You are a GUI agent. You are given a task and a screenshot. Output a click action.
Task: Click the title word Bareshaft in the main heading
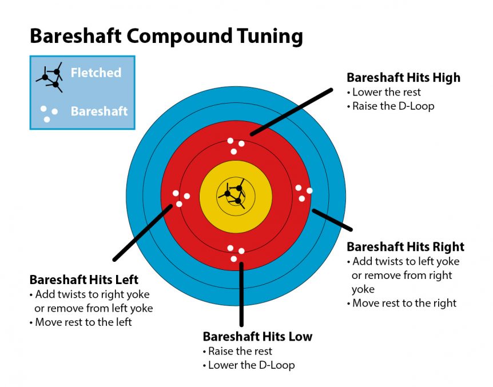(75, 36)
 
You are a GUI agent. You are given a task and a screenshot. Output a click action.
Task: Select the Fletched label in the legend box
(96, 73)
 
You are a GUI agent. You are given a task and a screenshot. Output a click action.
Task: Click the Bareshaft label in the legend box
(99, 111)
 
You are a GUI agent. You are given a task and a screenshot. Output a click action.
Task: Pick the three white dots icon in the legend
(49, 114)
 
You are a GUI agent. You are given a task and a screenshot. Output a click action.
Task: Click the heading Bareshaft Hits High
(403, 77)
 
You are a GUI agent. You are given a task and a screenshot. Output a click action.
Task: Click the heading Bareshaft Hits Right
(405, 247)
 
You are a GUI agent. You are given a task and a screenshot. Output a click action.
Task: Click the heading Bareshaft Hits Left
(84, 280)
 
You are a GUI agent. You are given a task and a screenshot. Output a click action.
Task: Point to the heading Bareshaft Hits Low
(257, 336)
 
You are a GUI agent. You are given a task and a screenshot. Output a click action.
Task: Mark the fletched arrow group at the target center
(233, 194)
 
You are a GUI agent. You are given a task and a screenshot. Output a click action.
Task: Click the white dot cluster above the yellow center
(236, 146)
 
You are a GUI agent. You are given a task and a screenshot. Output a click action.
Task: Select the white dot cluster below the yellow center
(236, 253)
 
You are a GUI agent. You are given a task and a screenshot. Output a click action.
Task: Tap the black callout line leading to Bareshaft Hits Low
(241, 294)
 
